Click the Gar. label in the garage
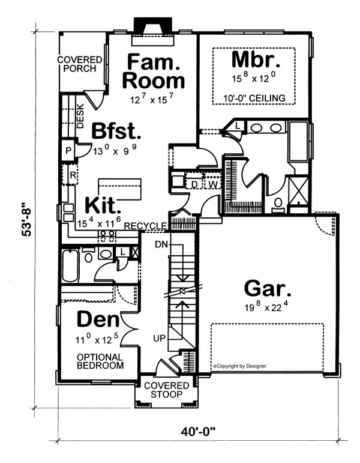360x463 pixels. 268,288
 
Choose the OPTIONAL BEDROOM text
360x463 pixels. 100,360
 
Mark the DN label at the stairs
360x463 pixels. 160,245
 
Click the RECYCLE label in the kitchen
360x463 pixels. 146,225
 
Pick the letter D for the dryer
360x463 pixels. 194,184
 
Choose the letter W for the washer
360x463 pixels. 212,184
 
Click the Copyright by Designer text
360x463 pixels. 239,365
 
